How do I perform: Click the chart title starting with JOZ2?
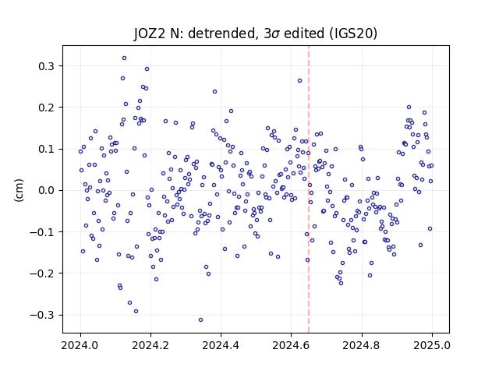pos(256,34)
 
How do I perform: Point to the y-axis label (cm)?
pos(19,190)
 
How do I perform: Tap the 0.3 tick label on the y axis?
pos(47,66)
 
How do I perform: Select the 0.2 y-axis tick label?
pos(47,108)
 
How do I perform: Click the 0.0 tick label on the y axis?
pos(47,190)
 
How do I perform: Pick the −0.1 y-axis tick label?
pos(42,232)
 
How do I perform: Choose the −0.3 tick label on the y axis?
pos(42,315)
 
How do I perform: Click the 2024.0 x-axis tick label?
pos(80,345)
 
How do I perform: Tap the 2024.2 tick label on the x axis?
pos(150,345)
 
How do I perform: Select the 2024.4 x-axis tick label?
pos(221,345)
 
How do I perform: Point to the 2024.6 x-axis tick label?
pos(291,345)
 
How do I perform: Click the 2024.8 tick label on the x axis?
pos(362,345)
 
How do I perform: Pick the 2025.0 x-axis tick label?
pos(432,345)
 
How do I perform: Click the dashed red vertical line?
pos(309,189)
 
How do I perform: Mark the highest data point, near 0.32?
pos(125,58)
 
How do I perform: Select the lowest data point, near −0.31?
pos(200,319)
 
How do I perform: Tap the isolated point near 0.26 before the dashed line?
pos(299,81)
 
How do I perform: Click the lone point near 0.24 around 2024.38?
pos(215,92)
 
